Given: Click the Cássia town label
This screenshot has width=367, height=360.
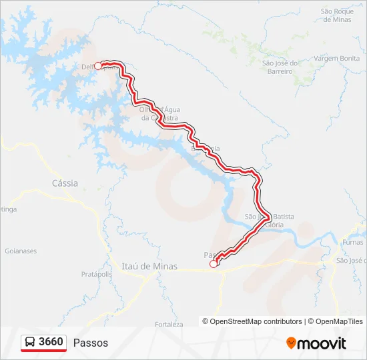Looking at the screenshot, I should (x=65, y=183).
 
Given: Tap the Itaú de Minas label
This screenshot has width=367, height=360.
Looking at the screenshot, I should (x=149, y=266).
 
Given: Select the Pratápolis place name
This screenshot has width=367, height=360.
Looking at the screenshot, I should (x=96, y=274).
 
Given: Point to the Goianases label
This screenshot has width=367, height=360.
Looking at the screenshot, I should (x=21, y=251).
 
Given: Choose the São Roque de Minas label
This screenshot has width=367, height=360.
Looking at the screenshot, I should (x=336, y=15).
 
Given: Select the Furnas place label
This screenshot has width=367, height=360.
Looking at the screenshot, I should (x=352, y=242).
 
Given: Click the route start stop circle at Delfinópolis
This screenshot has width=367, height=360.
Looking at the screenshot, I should (x=98, y=65).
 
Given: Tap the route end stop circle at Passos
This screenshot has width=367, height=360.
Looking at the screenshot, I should (x=214, y=264).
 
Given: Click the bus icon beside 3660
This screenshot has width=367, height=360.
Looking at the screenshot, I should (x=30, y=343).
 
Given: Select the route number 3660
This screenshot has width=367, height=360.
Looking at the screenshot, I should (x=51, y=342).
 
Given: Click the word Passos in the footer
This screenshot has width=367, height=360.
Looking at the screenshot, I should (x=91, y=343).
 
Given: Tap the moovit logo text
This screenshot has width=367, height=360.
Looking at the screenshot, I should (x=322, y=343).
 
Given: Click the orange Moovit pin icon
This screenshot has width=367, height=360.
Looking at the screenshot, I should (x=291, y=343).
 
